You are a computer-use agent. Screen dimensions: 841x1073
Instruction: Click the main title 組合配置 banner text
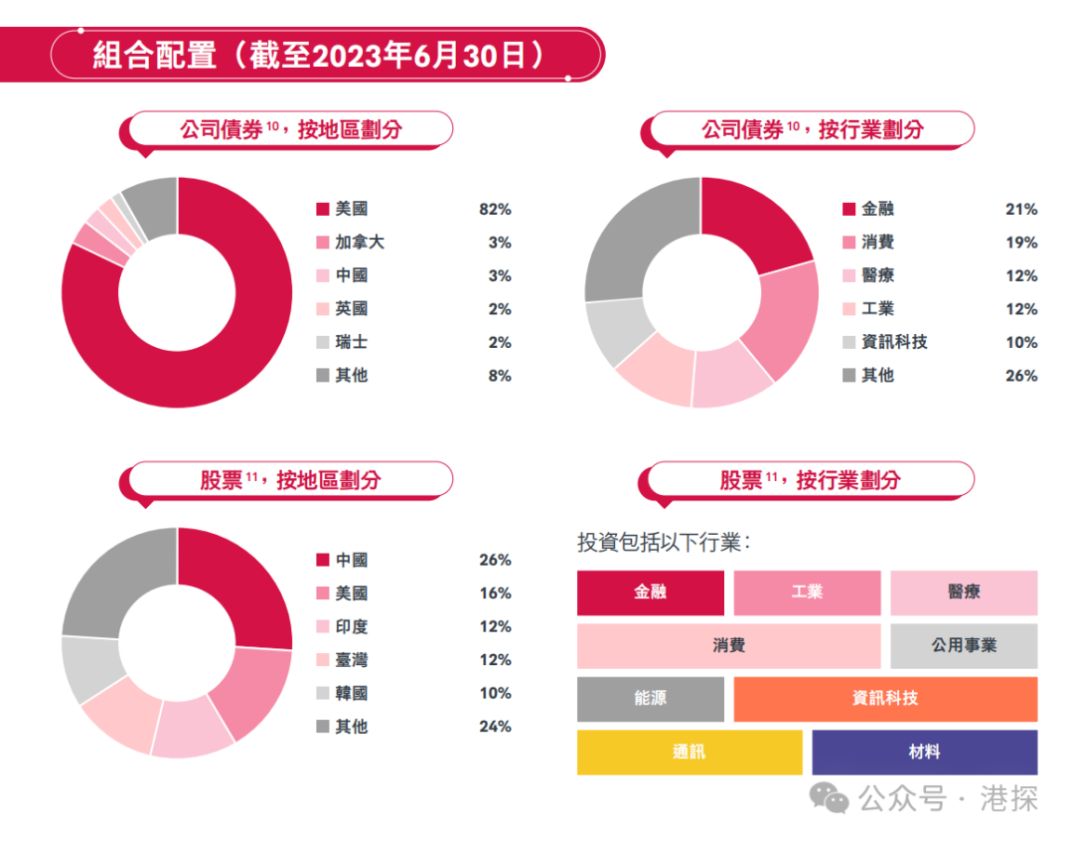[x=318, y=55]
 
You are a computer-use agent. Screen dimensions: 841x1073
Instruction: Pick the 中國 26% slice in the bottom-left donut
[x=243, y=582]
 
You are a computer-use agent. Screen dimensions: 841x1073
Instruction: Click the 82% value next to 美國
[x=494, y=210]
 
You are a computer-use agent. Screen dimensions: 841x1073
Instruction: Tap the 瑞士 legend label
[x=352, y=342]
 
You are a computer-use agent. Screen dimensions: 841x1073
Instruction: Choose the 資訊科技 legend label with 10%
[x=894, y=342]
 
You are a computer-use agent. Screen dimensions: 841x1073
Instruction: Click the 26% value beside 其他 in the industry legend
[x=1020, y=376]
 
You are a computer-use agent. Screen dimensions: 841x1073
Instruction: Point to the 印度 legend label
[x=352, y=626]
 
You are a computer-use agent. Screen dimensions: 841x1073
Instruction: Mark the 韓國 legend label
[x=352, y=693]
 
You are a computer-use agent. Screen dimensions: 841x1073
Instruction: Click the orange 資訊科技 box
[x=885, y=699]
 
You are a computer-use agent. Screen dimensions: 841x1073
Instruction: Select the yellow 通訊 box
[x=690, y=753]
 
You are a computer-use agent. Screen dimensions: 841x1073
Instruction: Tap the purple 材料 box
[x=924, y=753]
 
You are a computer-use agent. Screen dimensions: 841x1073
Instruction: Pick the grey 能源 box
[x=651, y=699]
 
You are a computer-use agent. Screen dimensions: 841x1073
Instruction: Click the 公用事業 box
[x=964, y=646]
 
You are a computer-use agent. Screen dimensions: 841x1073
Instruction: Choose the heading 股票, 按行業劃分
[x=810, y=480]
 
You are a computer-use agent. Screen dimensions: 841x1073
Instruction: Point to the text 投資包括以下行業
[x=664, y=543]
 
